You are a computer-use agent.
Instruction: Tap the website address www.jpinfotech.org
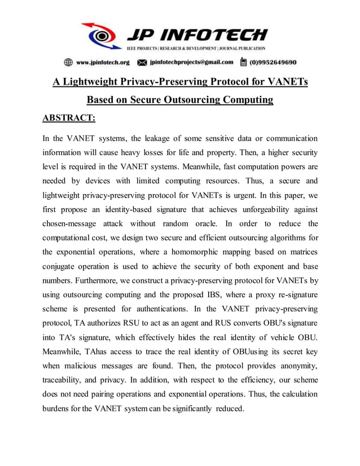tap(103, 62)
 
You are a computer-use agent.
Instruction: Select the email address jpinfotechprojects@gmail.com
tap(191, 62)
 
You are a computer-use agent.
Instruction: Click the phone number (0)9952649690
tap(273, 62)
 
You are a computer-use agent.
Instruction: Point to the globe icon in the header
tap(68, 62)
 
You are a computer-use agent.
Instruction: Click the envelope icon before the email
tap(142, 62)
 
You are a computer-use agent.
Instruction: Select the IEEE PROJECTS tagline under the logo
tap(195, 49)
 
